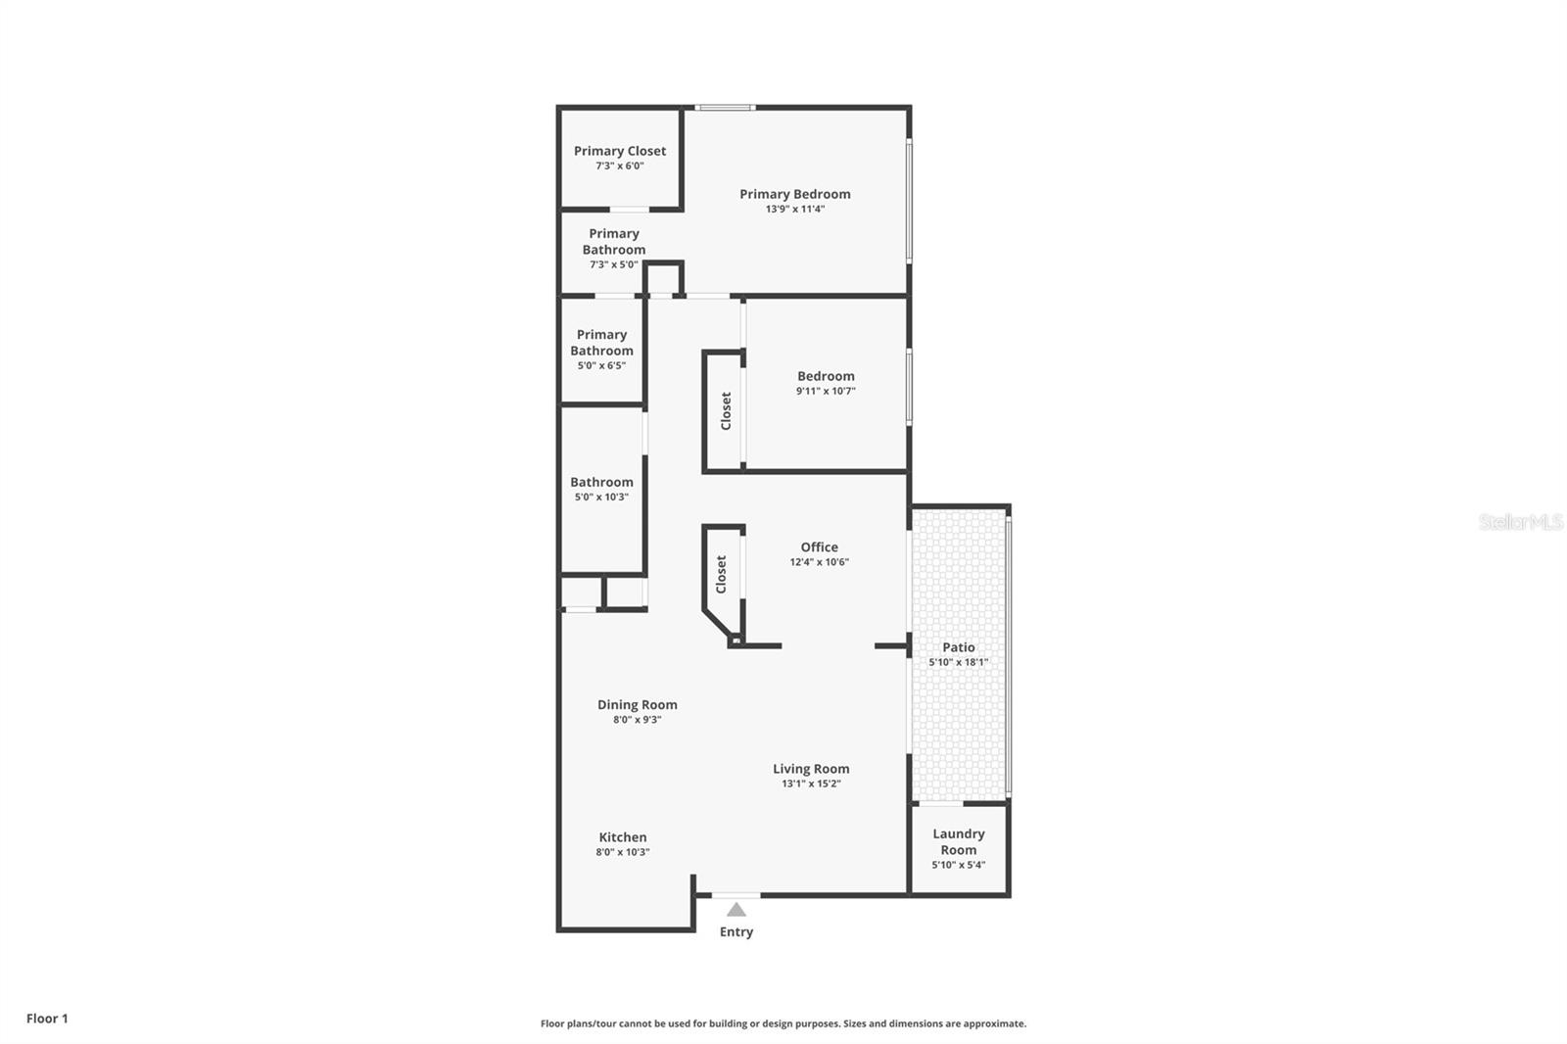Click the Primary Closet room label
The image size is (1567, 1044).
point(619,151)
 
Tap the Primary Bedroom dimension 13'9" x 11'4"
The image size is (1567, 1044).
point(794,209)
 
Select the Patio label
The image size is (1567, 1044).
point(958,647)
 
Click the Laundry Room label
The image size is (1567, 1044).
point(958,841)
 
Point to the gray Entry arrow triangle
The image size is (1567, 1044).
point(736,910)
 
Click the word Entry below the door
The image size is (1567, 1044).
point(736,931)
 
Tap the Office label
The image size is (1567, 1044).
point(819,547)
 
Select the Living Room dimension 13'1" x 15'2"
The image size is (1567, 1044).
point(811,783)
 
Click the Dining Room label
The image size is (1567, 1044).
point(637,704)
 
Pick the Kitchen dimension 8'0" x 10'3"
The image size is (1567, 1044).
point(622,852)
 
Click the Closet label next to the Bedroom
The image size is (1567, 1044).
point(726,410)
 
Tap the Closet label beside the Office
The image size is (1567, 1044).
point(721,574)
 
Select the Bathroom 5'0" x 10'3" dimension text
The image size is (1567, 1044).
point(601,497)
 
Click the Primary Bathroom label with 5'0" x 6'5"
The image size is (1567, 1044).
point(601,343)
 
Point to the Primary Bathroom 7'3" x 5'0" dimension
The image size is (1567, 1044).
point(613,264)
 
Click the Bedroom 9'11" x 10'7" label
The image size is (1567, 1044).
point(826,376)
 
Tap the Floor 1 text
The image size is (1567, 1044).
point(47,1019)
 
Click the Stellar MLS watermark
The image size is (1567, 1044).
point(1520,522)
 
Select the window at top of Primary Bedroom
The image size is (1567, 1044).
point(725,107)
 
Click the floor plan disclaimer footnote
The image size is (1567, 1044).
point(783,1023)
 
